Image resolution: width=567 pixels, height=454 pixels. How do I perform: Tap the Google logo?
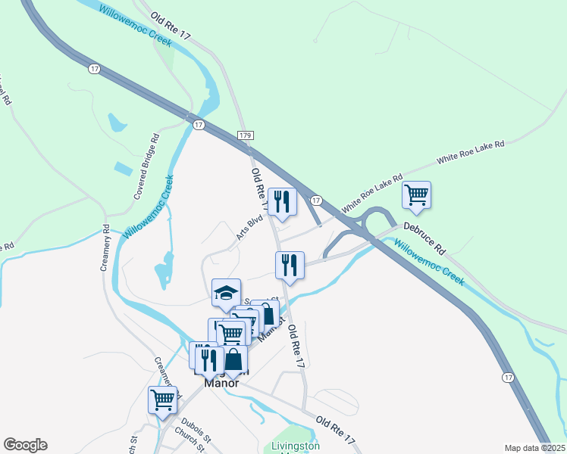click(25, 445)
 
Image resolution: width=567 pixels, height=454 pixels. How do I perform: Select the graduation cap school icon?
click(226, 292)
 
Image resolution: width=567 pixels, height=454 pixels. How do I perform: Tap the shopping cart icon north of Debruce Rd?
click(416, 194)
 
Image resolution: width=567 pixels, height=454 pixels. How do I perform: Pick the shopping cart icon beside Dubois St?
click(163, 398)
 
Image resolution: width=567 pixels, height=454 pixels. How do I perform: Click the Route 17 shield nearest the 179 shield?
click(199, 125)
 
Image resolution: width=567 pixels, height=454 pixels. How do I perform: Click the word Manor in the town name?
click(221, 383)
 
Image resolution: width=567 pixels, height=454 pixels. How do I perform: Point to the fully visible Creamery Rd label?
click(106, 247)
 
